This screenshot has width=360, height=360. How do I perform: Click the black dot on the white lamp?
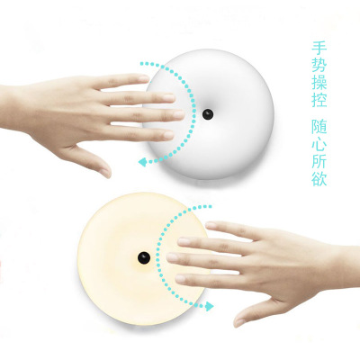click(x=208, y=114)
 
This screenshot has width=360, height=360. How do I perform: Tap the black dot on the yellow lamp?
click(x=144, y=257)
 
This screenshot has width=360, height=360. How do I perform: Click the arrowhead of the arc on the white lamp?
click(x=143, y=162)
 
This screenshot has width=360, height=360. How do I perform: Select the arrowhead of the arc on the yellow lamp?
click(x=209, y=306)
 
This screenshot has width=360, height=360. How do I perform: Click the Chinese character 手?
click(x=319, y=49)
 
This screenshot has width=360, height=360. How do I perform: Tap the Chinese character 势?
click(x=319, y=65)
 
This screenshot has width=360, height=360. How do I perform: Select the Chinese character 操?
click(x=319, y=82)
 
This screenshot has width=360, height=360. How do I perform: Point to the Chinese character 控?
click(x=319, y=99)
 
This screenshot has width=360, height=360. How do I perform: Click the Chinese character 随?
click(x=319, y=127)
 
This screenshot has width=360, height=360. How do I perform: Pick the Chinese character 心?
click(x=319, y=144)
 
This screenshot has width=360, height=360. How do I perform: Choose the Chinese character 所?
click(x=319, y=161)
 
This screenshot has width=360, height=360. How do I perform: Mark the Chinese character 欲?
click(x=319, y=178)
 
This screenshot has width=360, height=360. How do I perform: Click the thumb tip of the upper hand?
click(x=105, y=173)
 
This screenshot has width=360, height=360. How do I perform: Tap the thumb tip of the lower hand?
click(x=238, y=322)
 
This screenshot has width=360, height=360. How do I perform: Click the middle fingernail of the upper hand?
click(x=179, y=114)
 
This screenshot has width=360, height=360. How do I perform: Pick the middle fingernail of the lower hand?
click(x=172, y=257)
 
